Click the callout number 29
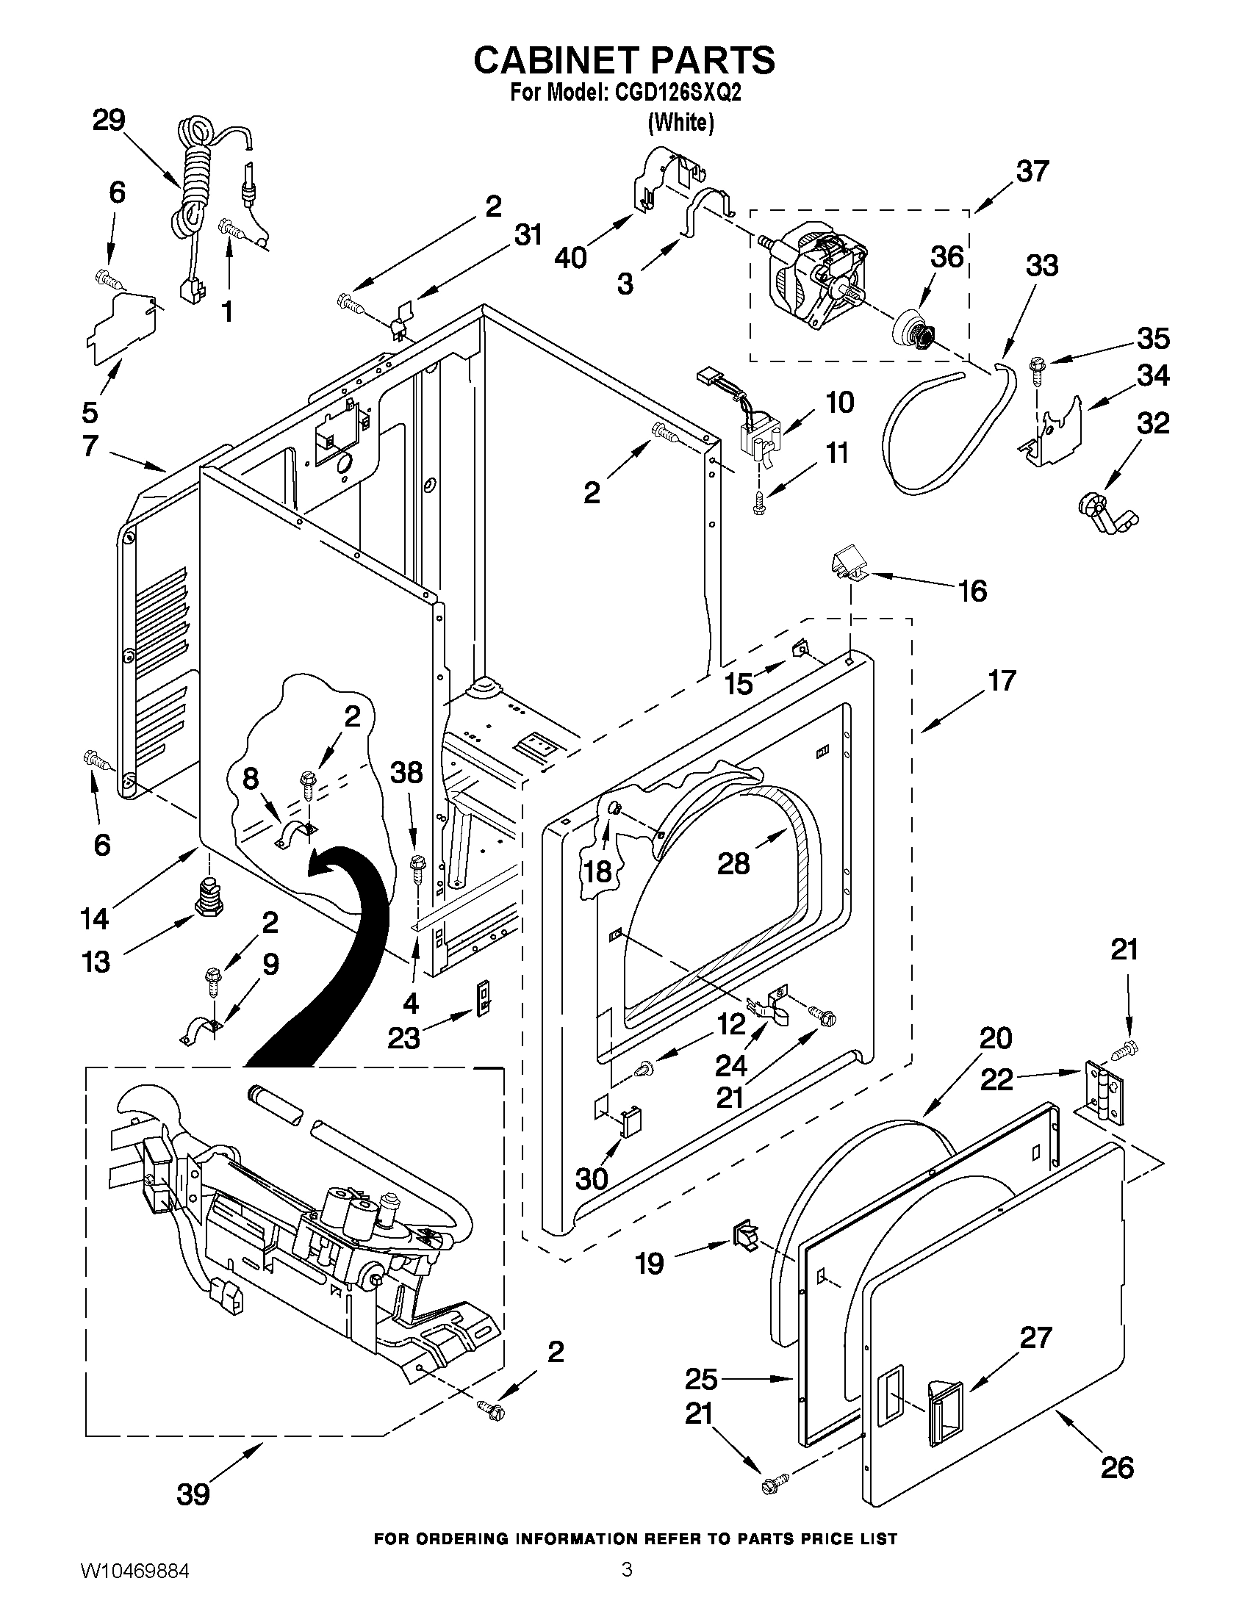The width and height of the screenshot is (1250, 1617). coord(108,120)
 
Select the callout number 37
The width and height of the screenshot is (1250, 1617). coord(1032,171)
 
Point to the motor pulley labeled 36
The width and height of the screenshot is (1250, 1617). coord(914,330)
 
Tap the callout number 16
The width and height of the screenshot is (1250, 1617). coord(973,591)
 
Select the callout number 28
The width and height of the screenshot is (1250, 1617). coord(733,863)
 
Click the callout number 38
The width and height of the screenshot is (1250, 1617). coord(406,773)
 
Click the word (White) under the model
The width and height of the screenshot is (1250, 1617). coord(680,122)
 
